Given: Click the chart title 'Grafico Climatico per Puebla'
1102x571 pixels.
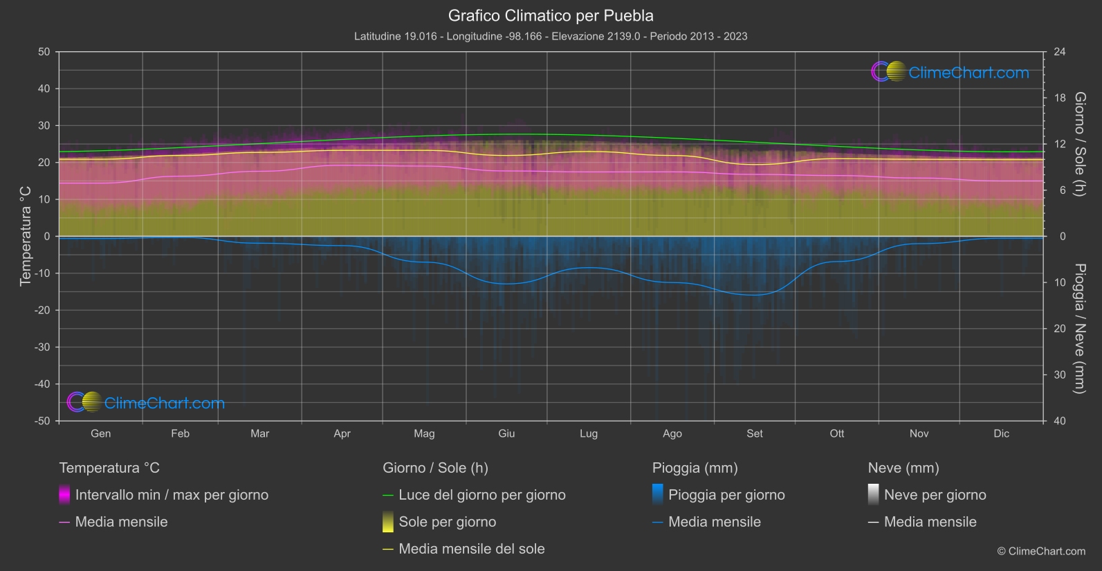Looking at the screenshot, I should [551, 15].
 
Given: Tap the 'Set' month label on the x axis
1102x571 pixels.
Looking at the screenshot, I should [755, 433].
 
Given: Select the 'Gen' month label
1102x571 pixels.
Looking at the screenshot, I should [101, 433].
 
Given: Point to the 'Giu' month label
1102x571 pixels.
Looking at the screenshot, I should [506, 433].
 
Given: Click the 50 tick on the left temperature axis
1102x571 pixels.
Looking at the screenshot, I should [44, 52].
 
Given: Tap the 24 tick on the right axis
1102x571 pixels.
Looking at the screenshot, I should [1059, 52].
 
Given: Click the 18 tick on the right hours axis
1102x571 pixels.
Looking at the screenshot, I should [1059, 98].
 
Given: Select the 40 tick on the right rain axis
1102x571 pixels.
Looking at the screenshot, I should [1059, 421].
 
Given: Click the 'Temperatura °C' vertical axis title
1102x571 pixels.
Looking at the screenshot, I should [26, 236].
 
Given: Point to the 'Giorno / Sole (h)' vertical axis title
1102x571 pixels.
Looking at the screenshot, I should [1079, 144].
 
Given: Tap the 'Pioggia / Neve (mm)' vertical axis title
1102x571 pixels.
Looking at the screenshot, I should [1079, 329].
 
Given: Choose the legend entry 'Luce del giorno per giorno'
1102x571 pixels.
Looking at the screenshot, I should [481, 495].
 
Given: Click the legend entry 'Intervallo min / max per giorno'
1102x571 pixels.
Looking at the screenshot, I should [172, 495].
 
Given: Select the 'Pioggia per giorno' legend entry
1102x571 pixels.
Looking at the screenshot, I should [726, 495].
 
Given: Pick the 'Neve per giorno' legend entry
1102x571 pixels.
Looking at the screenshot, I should [935, 495].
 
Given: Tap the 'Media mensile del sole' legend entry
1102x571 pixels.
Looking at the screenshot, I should [471, 549].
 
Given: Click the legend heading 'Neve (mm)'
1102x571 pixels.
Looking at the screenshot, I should [903, 468].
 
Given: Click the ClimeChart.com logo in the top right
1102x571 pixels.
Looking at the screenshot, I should [951, 72].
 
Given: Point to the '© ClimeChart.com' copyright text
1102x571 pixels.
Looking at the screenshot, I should [1041, 552].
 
